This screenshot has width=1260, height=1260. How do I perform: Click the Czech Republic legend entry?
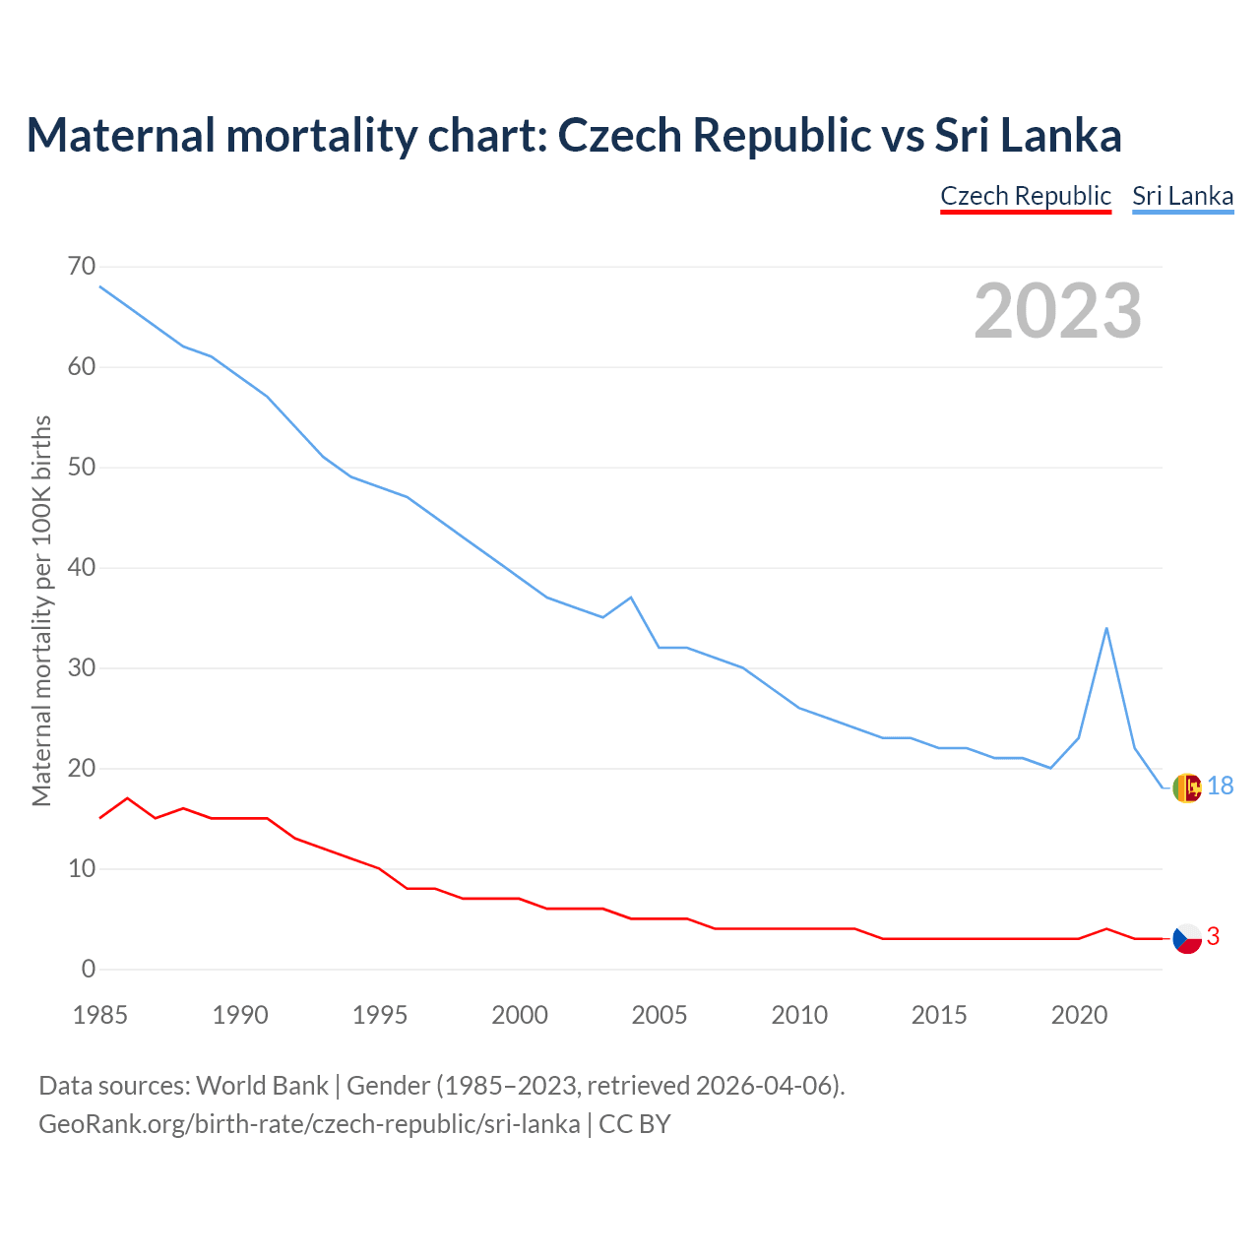1026,196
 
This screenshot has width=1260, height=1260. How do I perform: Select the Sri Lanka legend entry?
1182,196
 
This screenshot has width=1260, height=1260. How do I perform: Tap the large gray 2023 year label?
1058,311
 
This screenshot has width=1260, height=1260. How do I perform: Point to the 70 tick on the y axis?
82,267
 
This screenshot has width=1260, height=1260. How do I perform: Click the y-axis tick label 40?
82,568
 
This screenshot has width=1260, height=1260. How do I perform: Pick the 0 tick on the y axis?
89,969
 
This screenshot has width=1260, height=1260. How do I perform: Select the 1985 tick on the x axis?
100,1015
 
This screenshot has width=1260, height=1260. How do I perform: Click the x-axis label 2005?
660,1015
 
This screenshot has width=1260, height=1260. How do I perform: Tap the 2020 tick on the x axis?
1079,1015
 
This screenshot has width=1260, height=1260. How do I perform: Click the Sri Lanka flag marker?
1188,787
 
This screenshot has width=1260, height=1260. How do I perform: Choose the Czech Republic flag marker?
1188,938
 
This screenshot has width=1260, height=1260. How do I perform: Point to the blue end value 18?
1221,786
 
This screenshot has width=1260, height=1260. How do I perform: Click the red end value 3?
1213,937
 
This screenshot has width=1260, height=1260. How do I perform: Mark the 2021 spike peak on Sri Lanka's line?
1106,628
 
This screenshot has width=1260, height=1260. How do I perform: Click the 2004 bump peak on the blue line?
631,598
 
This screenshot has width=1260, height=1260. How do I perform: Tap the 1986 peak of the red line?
127,798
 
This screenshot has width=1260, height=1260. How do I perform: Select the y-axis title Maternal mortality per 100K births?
41,610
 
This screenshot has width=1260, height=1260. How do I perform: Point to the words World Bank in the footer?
262,1086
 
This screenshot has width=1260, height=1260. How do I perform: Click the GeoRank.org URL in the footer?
309,1124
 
